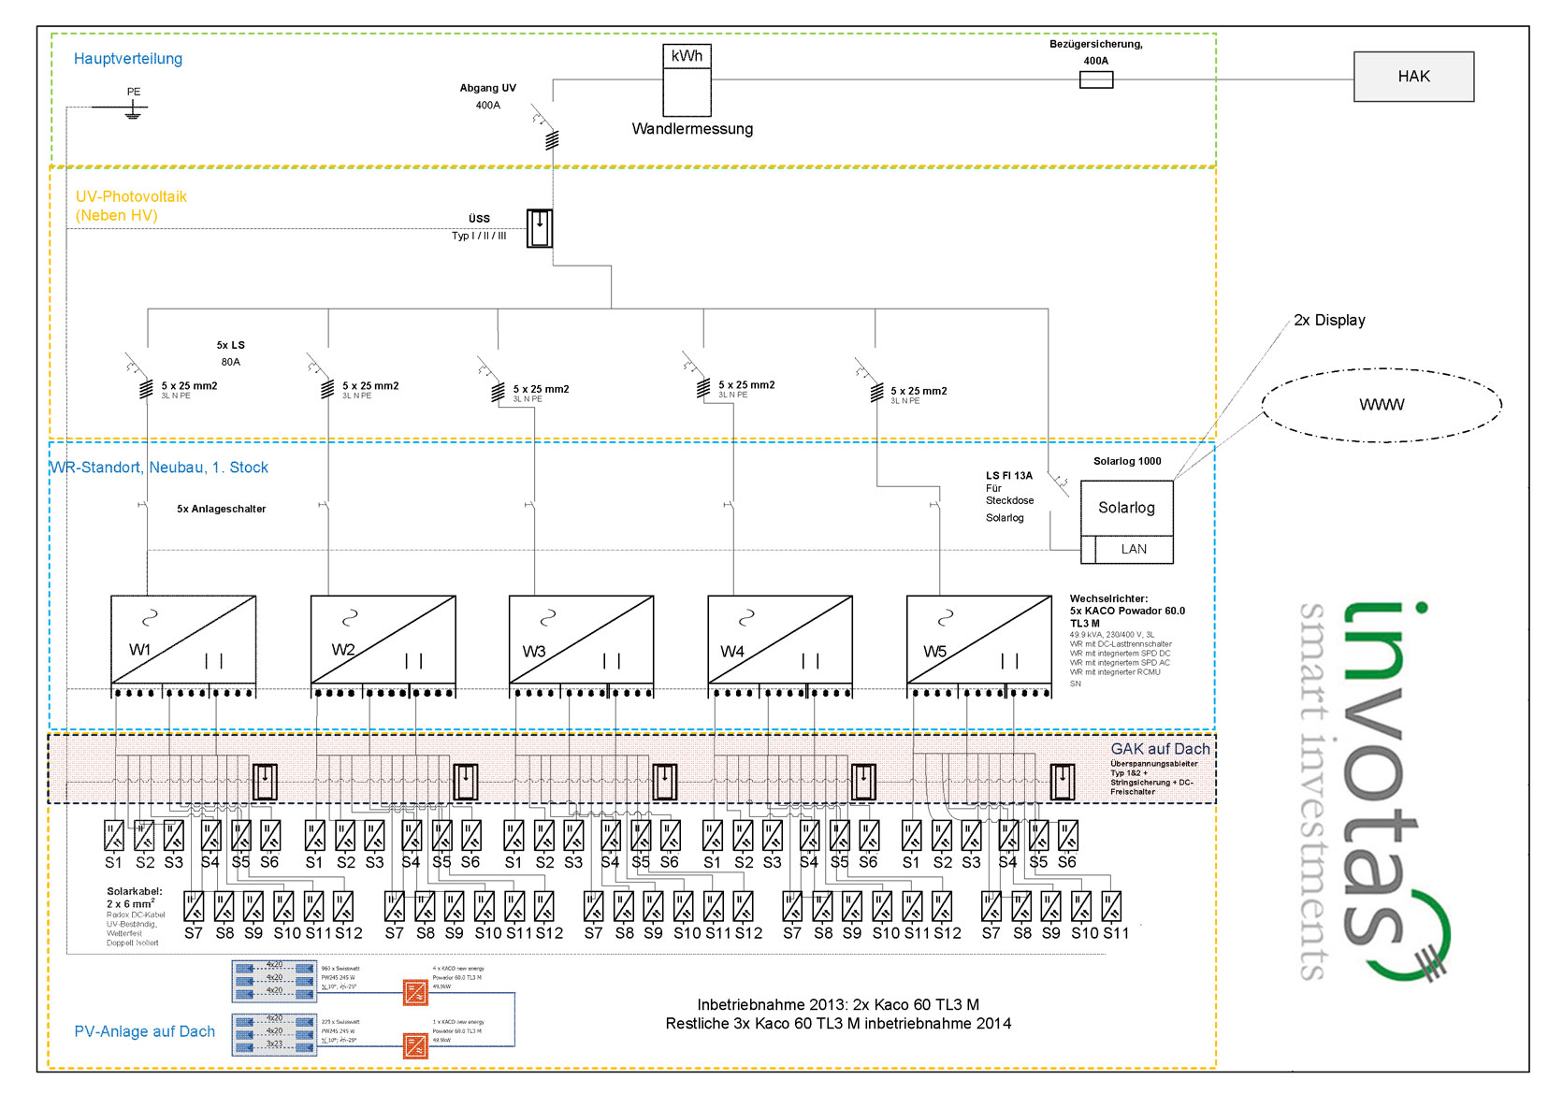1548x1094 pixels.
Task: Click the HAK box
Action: point(1412,77)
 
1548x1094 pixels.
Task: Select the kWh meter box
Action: point(687,80)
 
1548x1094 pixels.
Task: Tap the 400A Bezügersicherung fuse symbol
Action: point(1095,80)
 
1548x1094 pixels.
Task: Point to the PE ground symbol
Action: point(134,110)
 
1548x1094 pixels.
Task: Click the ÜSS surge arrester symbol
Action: point(540,228)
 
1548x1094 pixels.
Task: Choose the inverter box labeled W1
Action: point(183,640)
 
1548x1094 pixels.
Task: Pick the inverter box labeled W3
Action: point(581,640)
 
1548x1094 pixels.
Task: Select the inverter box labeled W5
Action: point(978,640)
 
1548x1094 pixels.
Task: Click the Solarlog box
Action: point(1126,508)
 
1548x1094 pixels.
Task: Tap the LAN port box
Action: point(1134,550)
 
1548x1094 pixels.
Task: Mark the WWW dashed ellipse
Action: point(1382,405)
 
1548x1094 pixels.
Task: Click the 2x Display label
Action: point(1329,320)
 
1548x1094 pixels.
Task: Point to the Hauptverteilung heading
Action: point(128,59)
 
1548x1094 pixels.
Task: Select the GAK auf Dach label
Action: point(1160,749)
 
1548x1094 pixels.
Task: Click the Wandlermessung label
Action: point(692,129)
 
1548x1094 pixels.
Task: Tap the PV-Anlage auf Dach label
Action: point(145,1031)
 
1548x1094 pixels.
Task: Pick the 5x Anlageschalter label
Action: point(222,510)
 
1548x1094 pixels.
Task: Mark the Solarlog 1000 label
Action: point(1127,461)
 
